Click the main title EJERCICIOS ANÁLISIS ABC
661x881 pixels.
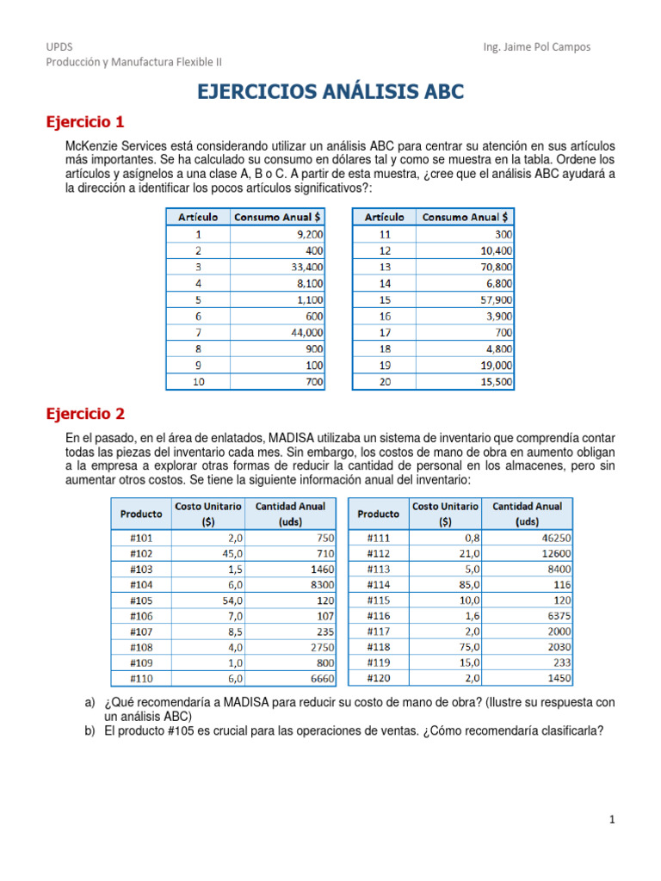pos(330,92)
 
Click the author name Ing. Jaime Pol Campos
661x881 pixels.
pos(538,47)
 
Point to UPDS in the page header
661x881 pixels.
pos(58,47)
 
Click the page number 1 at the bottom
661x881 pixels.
pos(611,820)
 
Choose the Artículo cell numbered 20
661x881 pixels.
pos(385,380)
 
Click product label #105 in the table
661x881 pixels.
pos(141,601)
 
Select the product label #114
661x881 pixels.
pos(379,584)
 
